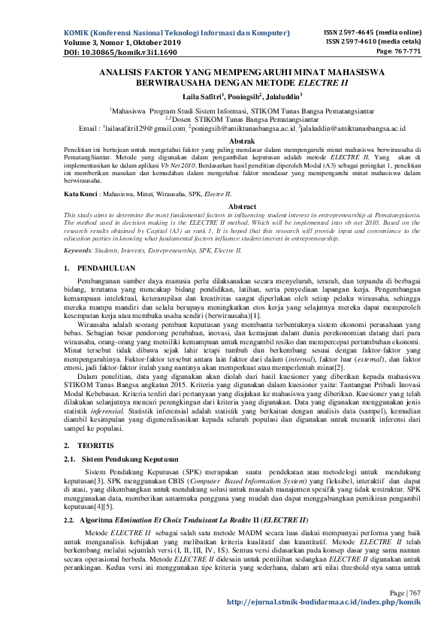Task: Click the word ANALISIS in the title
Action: [125, 72]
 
